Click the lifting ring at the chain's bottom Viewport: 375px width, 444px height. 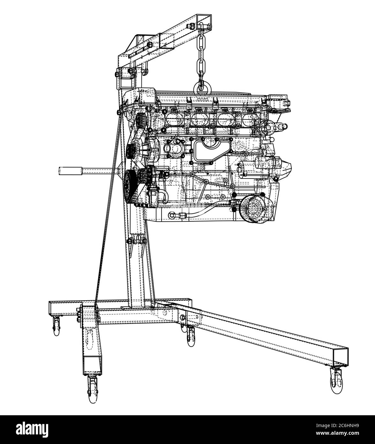201,86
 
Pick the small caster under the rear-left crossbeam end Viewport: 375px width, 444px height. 57,328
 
